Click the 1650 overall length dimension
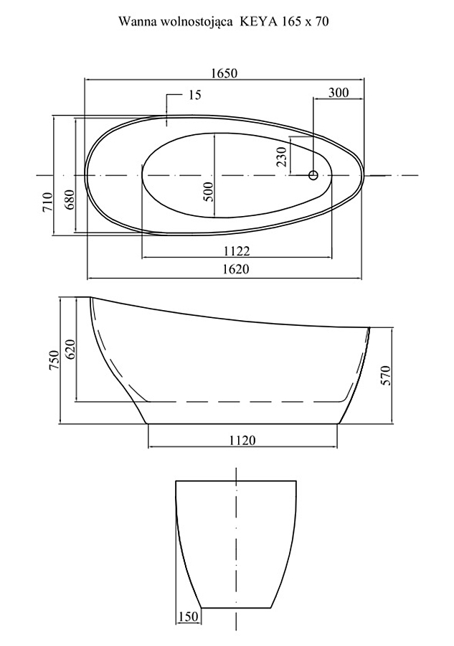(x=224, y=73)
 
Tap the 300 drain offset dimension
(x=339, y=93)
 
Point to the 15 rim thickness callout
(x=195, y=95)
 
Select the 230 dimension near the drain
(x=282, y=156)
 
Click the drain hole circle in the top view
(x=313, y=175)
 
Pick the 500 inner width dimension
(x=209, y=191)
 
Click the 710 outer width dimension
(x=48, y=202)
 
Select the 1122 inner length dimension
(x=237, y=251)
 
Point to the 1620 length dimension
(x=236, y=269)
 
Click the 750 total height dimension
(x=55, y=360)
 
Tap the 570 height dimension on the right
(x=386, y=375)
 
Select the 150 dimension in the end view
(x=188, y=617)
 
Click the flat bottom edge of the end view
(x=236, y=608)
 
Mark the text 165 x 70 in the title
(x=305, y=22)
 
